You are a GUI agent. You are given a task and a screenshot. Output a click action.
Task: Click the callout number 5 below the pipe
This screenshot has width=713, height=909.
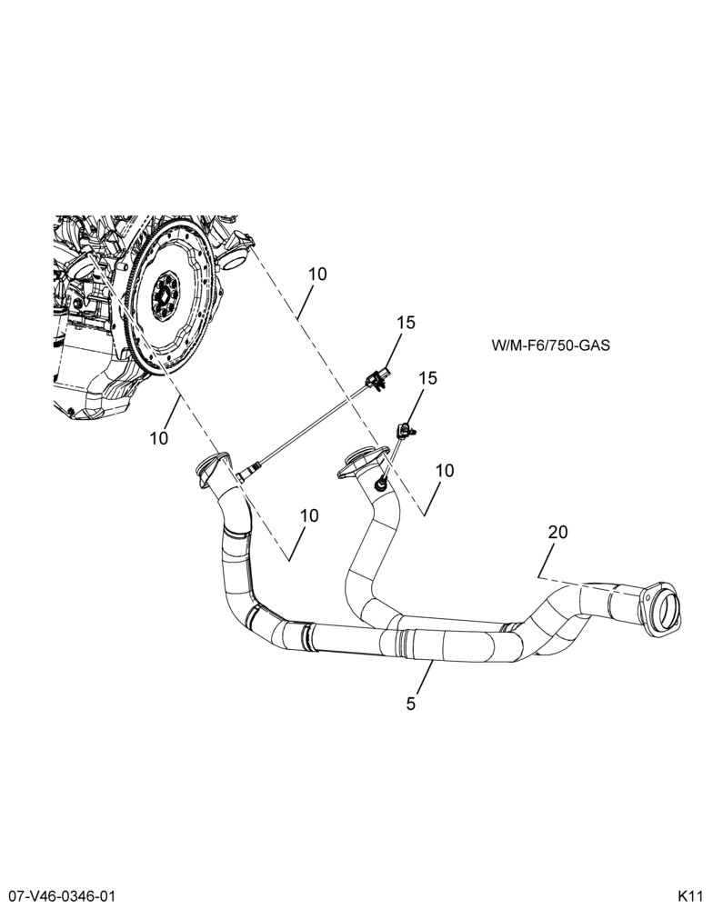(411, 704)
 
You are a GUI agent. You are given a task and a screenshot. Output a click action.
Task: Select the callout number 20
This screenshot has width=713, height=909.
(557, 532)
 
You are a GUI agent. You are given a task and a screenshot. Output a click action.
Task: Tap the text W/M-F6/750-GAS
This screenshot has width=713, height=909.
(550, 345)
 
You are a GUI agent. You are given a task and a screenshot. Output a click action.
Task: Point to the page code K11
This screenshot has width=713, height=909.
(690, 894)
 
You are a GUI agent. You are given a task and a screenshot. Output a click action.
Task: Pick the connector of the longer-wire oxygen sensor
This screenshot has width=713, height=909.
(377, 378)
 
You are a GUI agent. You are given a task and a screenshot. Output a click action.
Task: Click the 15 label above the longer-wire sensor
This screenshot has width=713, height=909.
(407, 323)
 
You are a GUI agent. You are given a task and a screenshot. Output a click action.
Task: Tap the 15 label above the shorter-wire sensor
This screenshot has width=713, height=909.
(427, 378)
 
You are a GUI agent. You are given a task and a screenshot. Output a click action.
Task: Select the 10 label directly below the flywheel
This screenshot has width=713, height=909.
(159, 438)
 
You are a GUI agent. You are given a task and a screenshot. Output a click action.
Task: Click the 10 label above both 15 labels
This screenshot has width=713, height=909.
(317, 274)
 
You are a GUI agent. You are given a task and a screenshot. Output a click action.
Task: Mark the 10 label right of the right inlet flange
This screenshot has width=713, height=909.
(445, 471)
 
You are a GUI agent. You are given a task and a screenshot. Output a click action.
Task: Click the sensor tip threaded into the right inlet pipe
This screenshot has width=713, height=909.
(381, 481)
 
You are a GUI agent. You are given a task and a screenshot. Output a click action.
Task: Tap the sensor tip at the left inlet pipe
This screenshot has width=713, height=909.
(244, 474)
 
